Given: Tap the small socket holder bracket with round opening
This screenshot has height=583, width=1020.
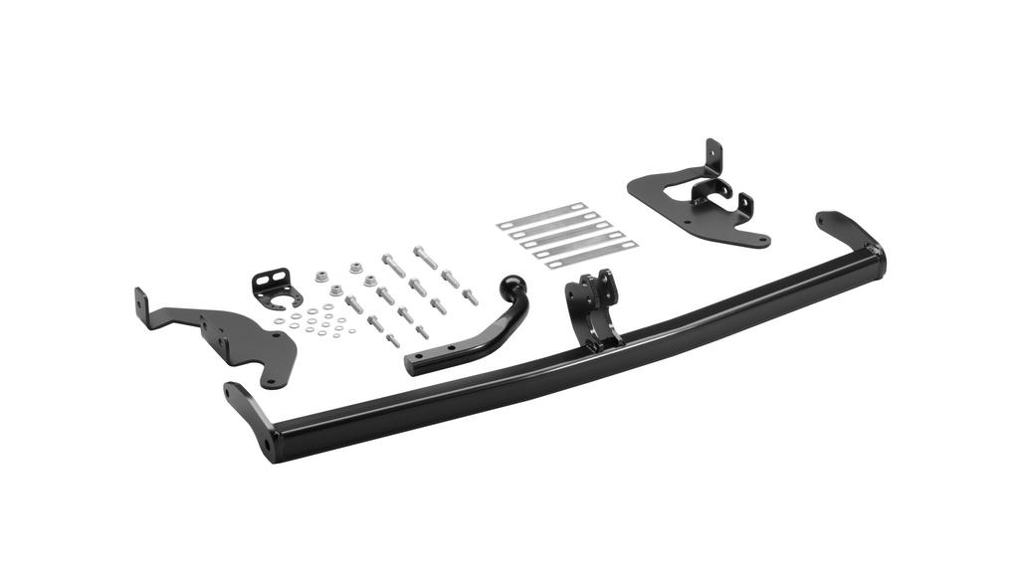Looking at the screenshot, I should coord(277,288).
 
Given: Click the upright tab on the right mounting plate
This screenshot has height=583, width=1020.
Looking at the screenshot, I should coord(713,156).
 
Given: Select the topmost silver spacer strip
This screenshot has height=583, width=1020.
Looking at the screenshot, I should coord(541,214).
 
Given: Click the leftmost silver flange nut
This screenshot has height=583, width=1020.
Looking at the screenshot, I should coord(320,278).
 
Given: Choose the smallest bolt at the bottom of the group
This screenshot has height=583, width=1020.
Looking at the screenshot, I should coord(393,340).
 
